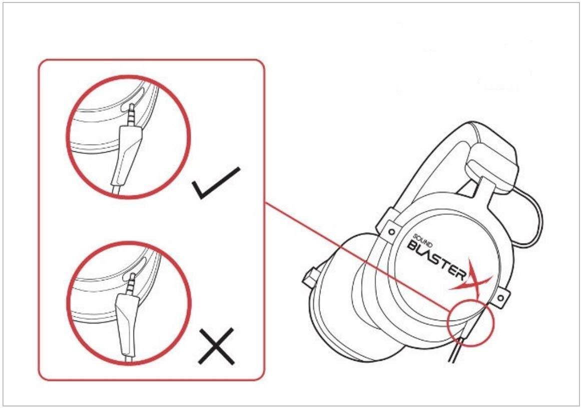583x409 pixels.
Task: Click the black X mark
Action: pos(216,346)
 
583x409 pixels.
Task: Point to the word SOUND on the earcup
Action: pos(423,240)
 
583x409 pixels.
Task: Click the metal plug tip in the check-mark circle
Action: pos(133,115)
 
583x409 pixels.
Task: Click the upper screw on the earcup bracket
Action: pos(391,231)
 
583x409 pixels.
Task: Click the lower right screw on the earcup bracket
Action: pos(500,298)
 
